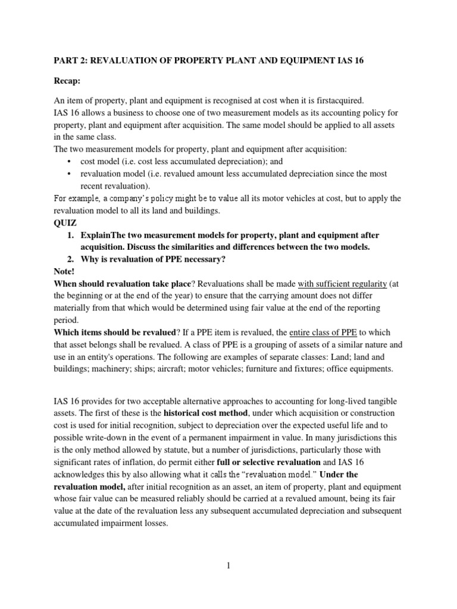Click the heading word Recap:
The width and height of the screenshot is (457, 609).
68,79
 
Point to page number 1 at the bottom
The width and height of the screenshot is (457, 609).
228,566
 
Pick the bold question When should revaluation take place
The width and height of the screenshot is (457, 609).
123,284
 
